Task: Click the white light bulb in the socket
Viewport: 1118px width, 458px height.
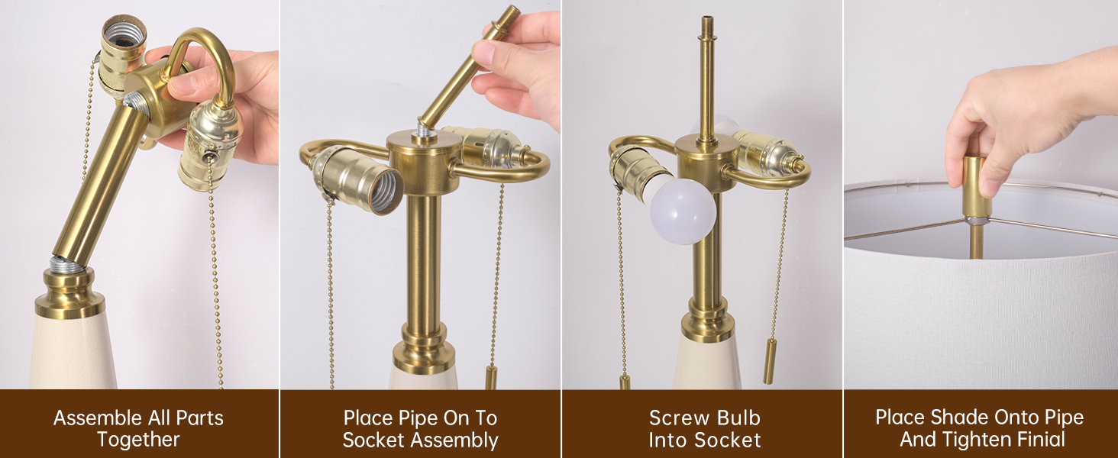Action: coord(683,210)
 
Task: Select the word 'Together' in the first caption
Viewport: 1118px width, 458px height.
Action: coord(138,440)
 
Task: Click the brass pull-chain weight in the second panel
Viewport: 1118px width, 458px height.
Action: coord(490,377)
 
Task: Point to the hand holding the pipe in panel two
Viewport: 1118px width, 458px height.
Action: coord(519,65)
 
